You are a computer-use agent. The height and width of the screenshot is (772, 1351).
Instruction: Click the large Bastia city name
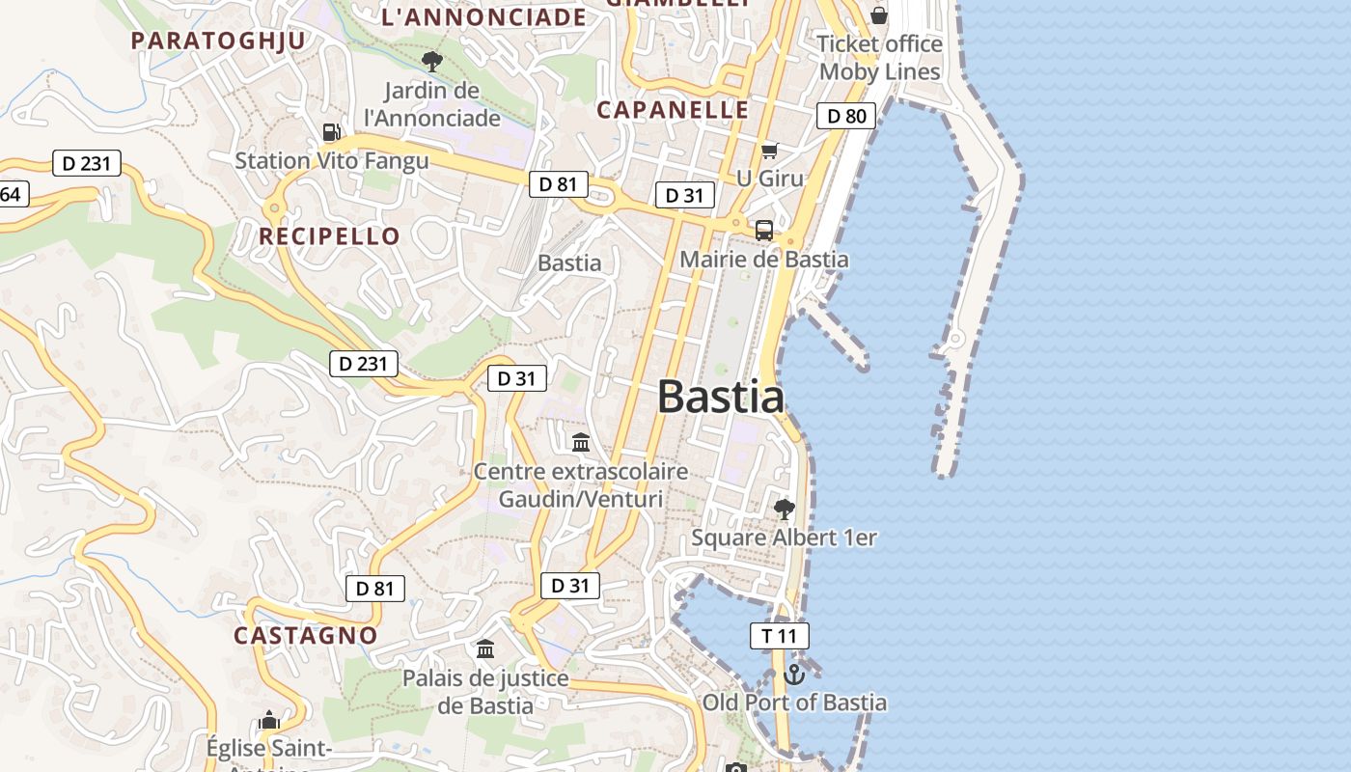point(720,397)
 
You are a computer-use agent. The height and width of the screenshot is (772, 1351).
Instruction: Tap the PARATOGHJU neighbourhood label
point(218,41)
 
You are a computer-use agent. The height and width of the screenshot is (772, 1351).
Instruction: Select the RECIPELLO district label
point(329,236)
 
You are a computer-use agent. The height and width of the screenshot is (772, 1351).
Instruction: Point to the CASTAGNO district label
point(306,635)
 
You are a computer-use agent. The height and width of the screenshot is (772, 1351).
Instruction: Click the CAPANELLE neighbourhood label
point(673,110)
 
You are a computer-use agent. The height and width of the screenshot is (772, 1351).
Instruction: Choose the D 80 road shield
point(846,117)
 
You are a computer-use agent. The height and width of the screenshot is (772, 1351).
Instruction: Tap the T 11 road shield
point(779,635)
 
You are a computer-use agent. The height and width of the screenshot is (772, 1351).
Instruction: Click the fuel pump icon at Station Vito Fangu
point(331,131)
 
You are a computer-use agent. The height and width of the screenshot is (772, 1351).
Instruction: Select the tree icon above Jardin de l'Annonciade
point(432,62)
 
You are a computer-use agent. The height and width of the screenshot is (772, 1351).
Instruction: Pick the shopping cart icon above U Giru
point(769,151)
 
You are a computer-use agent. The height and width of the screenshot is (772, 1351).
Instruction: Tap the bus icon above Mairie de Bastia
point(764,230)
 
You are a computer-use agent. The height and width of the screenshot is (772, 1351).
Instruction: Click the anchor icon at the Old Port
point(794,674)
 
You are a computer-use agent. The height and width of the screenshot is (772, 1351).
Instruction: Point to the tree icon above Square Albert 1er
point(785,509)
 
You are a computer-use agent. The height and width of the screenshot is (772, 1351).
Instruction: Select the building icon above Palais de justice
point(485,648)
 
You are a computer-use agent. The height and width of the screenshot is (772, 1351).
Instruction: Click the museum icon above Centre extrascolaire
point(581,443)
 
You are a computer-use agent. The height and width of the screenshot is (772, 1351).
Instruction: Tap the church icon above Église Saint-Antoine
point(269,720)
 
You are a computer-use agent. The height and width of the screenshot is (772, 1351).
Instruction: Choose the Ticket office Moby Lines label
point(879,58)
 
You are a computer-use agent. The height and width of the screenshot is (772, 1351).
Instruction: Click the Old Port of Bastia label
point(794,703)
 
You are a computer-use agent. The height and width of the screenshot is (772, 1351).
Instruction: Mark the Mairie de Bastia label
point(764,260)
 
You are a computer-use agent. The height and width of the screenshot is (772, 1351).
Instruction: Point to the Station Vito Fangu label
point(332,160)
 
